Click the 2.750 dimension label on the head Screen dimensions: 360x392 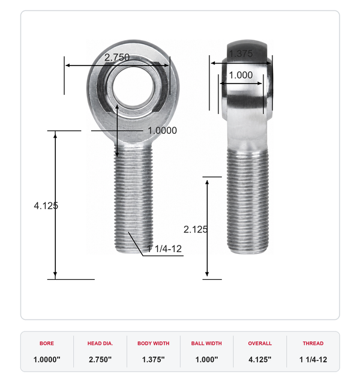click(x=117, y=58)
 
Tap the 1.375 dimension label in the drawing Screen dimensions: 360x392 click(x=241, y=53)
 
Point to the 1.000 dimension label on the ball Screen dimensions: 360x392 click(x=241, y=75)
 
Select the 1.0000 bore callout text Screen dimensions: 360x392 click(x=163, y=130)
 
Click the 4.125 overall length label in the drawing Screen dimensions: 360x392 click(x=46, y=206)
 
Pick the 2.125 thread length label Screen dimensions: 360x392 click(x=196, y=229)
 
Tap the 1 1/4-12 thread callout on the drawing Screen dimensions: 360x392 click(x=164, y=249)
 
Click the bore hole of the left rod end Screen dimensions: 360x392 click(x=133, y=86)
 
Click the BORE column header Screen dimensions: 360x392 click(x=47, y=343)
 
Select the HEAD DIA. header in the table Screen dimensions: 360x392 click(x=100, y=343)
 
